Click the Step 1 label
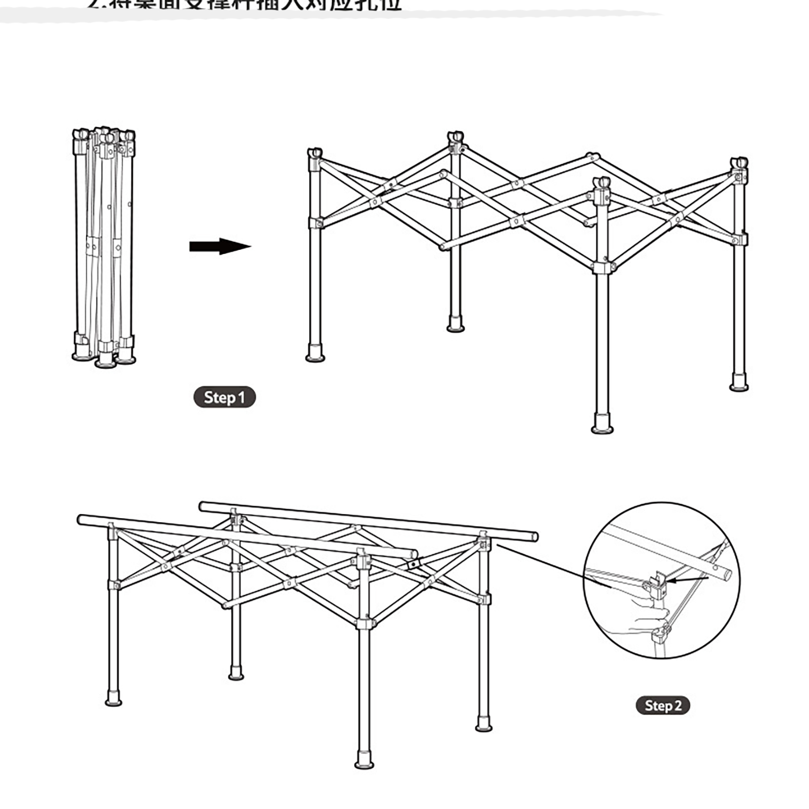pyautogui.click(x=224, y=397)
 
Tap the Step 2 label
pyautogui.click(x=662, y=705)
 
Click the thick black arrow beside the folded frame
pyautogui.click(x=220, y=247)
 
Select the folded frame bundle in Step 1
pyautogui.click(x=104, y=248)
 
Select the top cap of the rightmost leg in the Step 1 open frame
pyautogui.click(x=739, y=164)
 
